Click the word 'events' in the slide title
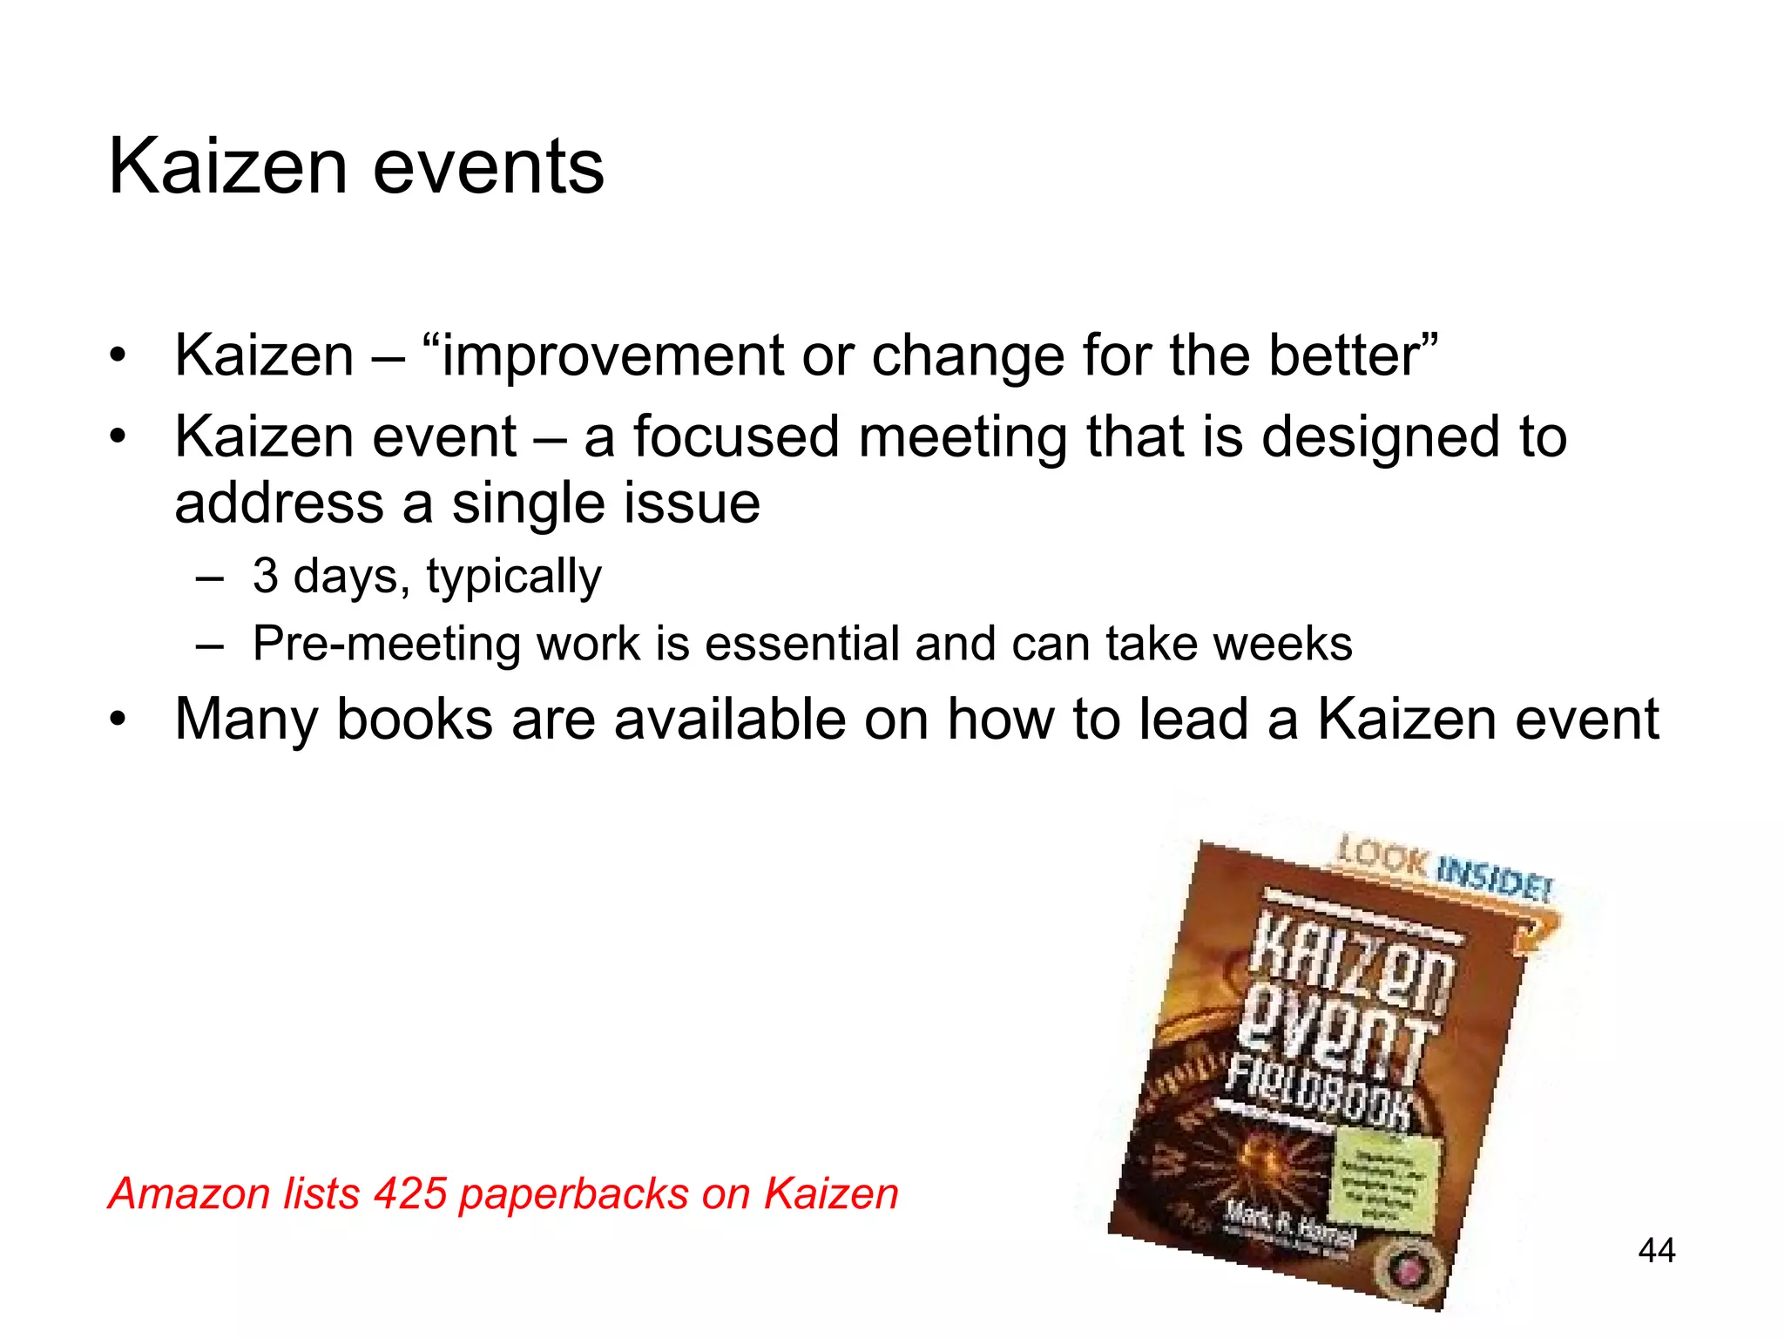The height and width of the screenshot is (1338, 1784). [x=488, y=167]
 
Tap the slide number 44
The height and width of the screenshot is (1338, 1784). [x=1656, y=1250]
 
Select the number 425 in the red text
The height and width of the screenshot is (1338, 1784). [x=410, y=1193]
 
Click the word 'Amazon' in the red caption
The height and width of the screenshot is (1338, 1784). [x=190, y=1193]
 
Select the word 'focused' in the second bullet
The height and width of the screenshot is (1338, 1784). [x=736, y=436]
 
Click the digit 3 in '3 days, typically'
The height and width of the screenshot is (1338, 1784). [x=265, y=576]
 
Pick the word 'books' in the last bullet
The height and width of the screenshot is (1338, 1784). [x=415, y=720]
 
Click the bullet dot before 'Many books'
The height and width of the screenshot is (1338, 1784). [x=118, y=720]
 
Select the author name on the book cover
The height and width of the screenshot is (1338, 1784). [x=1289, y=1223]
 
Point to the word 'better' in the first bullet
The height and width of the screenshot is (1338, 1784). [x=1345, y=356]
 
